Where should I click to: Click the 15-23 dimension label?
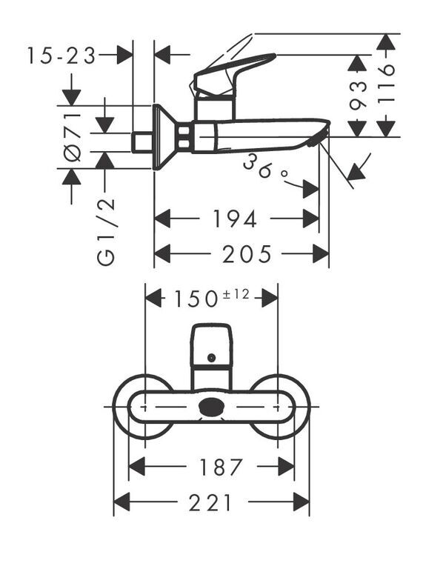pyautogui.click(x=61, y=56)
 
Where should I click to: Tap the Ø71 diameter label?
pyautogui.click(x=72, y=137)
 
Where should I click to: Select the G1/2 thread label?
pyautogui.click(x=106, y=232)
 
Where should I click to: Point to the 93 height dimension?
pyautogui.click(x=358, y=96)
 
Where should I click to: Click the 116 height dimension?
pyautogui.click(x=386, y=84)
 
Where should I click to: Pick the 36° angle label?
pyautogui.click(x=265, y=167)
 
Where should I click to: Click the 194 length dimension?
pyautogui.click(x=235, y=219)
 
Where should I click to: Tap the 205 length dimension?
pyautogui.click(x=247, y=254)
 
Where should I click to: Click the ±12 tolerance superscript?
pyautogui.click(x=236, y=294)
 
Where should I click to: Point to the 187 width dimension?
pyautogui.click(x=221, y=467)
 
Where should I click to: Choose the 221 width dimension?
pyautogui.click(x=210, y=502)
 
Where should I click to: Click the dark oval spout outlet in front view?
pyautogui.click(x=211, y=406)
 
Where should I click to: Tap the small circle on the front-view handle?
pyautogui.click(x=211, y=358)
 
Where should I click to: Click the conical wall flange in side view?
pyautogui.click(x=165, y=137)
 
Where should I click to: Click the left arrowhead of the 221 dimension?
pyautogui.click(x=122, y=502)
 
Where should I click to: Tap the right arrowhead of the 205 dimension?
pyautogui.click(x=321, y=253)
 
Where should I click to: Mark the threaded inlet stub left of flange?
pyautogui.click(x=142, y=142)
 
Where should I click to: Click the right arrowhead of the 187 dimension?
pyautogui.click(x=286, y=467)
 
